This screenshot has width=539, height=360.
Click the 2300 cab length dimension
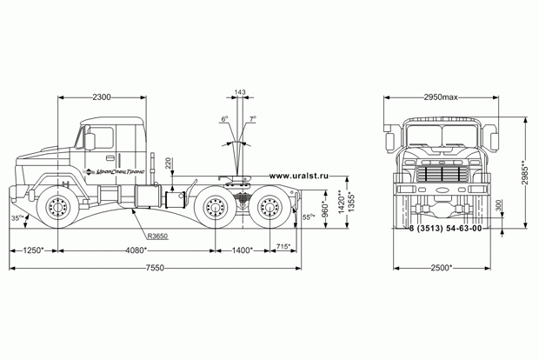coord(102,97)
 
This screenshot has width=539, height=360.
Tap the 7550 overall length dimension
coord(155,268)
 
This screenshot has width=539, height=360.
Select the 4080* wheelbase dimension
coord(136,250)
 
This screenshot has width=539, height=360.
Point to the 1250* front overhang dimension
coord(33,250)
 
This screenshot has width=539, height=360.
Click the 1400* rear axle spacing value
coord(243,250)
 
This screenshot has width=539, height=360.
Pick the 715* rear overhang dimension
coord(283,246)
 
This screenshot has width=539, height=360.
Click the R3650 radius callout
coord(157,236)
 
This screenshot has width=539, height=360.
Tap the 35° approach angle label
coord(17,218)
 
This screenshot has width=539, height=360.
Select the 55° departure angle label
coord(309,217)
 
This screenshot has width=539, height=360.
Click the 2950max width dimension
coord(441,97)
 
